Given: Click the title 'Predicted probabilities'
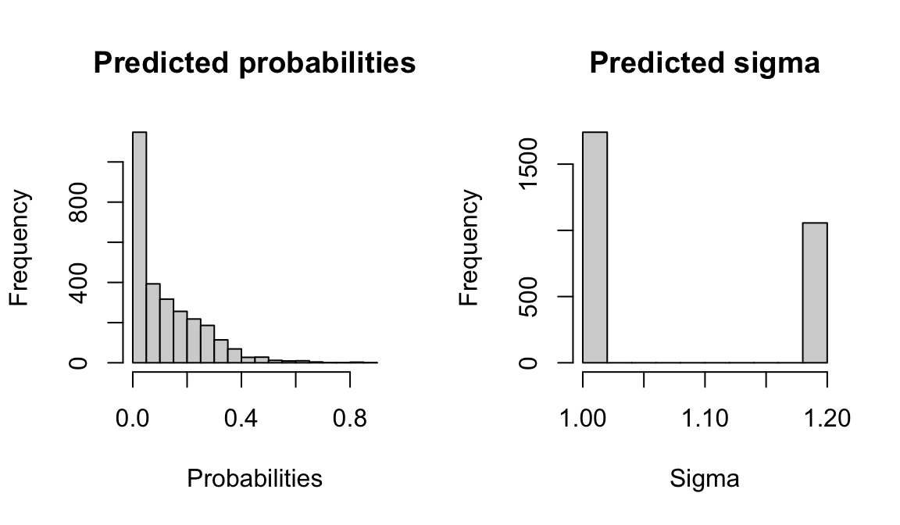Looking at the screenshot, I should coord(254,62).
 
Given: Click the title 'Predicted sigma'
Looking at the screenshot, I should coord(704,62).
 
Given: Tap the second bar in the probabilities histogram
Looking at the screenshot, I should coord(153,323).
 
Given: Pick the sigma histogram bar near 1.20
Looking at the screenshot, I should coord(815,293).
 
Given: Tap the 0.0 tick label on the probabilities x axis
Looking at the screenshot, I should coord(133,420).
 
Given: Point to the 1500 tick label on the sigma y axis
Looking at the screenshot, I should coord(529,164).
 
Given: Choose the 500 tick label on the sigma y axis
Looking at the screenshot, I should coord(529,296).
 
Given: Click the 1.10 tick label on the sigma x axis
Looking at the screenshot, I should coord(705,420).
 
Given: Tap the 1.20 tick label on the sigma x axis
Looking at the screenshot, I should coord(827,420).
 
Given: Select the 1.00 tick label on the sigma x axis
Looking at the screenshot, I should coord(583,420).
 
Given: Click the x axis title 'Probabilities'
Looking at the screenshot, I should coord(254,478).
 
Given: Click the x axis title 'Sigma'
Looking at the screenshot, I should coord(704,478).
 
